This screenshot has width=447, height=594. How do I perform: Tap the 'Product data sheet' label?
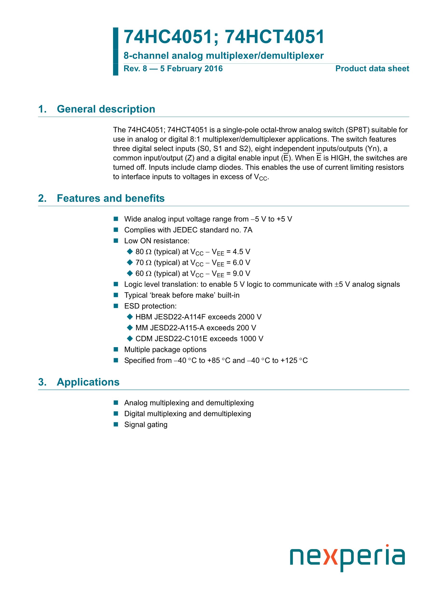pyautogui.click(x=372, y=69)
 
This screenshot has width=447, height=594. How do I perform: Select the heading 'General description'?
pyautogui.click(x=106, y=109)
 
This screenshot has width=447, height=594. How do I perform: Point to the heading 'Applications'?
pyautogui.click(x=88, y=382)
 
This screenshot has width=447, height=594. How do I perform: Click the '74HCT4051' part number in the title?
pyautogui.click(x=275, y=37)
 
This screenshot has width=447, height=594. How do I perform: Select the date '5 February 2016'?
pyautogui.click(x=191, y=69)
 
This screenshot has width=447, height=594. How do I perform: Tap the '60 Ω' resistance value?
pyautogui.click(x=143, y=274)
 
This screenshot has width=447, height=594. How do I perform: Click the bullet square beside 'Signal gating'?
pyautogui.click(x=116, y=425)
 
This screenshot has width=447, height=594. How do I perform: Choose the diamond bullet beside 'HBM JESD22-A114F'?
pyautogui.click(x=130, y=317)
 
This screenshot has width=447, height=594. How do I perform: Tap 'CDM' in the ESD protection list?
pyautogui.click(x=144, y=339)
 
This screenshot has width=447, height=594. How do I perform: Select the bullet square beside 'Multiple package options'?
pyautogui.click(x=116, y=350)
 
